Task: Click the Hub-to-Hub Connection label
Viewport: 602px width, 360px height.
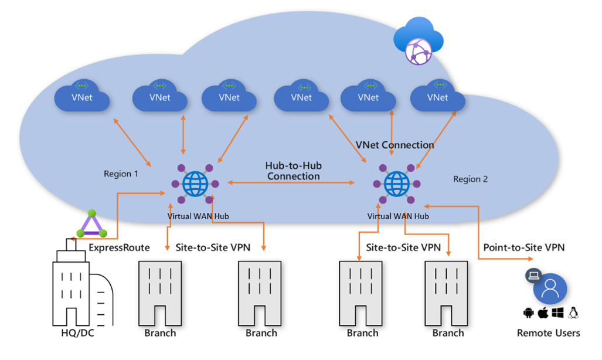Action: click(293, 171)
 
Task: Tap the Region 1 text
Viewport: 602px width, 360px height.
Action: click(122, 174)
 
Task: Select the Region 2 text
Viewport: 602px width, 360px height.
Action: click(470, 179)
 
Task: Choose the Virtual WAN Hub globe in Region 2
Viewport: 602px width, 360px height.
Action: click(397, 184)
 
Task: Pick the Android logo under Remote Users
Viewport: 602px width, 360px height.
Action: click(528, 313)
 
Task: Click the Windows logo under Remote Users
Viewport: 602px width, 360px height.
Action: click(557, 313)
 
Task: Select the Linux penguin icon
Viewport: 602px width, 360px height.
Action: click(573, 313)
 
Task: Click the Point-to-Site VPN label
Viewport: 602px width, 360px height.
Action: click(523, 247)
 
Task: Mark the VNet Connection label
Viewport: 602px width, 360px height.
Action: click(394, 145)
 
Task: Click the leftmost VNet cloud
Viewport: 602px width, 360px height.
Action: click(82, 97)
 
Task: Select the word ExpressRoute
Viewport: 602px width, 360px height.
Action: click(119, 247)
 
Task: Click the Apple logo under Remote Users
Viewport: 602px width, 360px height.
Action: click(543, 313)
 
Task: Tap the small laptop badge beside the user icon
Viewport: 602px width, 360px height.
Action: click(533, 276)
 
